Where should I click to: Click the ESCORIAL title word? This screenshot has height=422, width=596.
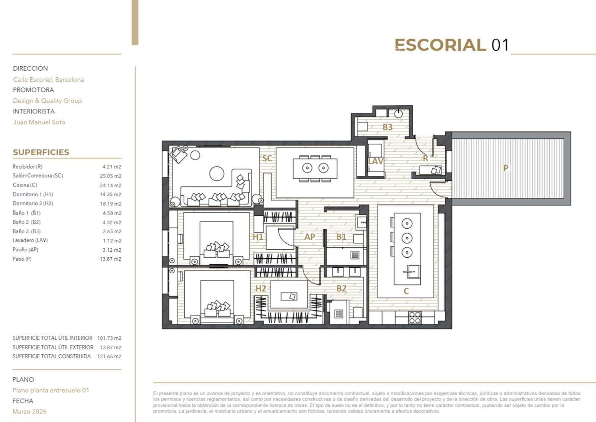[x=440, y=45]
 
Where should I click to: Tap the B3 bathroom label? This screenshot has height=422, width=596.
[x=387, y=127]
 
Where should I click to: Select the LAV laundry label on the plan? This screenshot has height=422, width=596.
[x=375, y=161]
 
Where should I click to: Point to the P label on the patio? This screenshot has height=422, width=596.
[x=506, y=168]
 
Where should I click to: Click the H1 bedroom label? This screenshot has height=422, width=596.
[x=258, y=237]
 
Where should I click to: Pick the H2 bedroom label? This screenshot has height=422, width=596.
[x=261, y=289]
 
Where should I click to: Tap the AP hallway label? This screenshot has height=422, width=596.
[x=310, y=236]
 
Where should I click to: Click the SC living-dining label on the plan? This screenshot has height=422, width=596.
[x=267, y=158]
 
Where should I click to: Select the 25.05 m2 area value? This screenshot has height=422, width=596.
[x=111, y=176]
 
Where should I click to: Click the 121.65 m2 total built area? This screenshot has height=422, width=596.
[x=109, y=357]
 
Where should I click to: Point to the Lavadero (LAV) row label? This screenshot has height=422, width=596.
[x=30, y=240]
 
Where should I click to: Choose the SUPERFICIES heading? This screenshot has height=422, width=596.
[x=41, y=152]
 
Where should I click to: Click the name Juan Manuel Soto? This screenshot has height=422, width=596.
[x=39, y=122]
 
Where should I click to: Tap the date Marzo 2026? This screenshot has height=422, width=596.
[x=29, y=412]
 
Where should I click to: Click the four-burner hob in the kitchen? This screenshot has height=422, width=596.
[x=415, y=318]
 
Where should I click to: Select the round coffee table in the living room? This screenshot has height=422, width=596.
[x=217, y=173]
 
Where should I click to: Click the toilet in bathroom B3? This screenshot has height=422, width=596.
[x=398, y=114]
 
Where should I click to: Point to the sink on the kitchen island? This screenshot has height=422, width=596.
[x=411, y=272]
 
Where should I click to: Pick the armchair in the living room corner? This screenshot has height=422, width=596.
[x=178, y=154]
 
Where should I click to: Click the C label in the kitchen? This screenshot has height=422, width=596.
[x=406, y=291]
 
